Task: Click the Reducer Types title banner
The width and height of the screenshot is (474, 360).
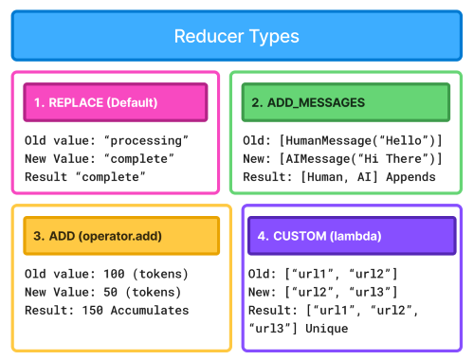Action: [x=236, y=37]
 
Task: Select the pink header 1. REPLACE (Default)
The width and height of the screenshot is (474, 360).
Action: [x=115, y=102]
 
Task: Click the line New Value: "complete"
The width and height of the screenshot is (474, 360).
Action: [x=96, y=159]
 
